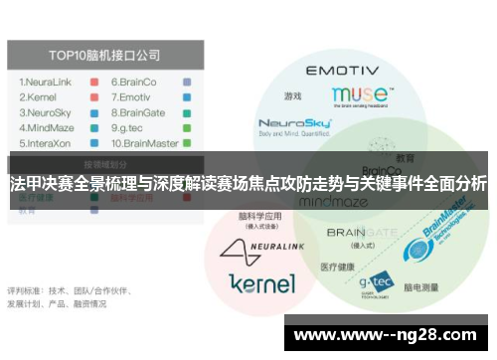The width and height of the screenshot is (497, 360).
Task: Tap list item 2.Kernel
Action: [x=41, y=96]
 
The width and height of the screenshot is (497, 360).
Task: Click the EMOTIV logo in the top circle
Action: [x=341, y=72]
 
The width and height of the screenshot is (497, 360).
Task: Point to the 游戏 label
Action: [x=292, y=96]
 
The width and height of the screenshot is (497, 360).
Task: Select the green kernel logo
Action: [x=261, y=283]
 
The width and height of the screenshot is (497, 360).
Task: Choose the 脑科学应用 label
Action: [x=260, y=217]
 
